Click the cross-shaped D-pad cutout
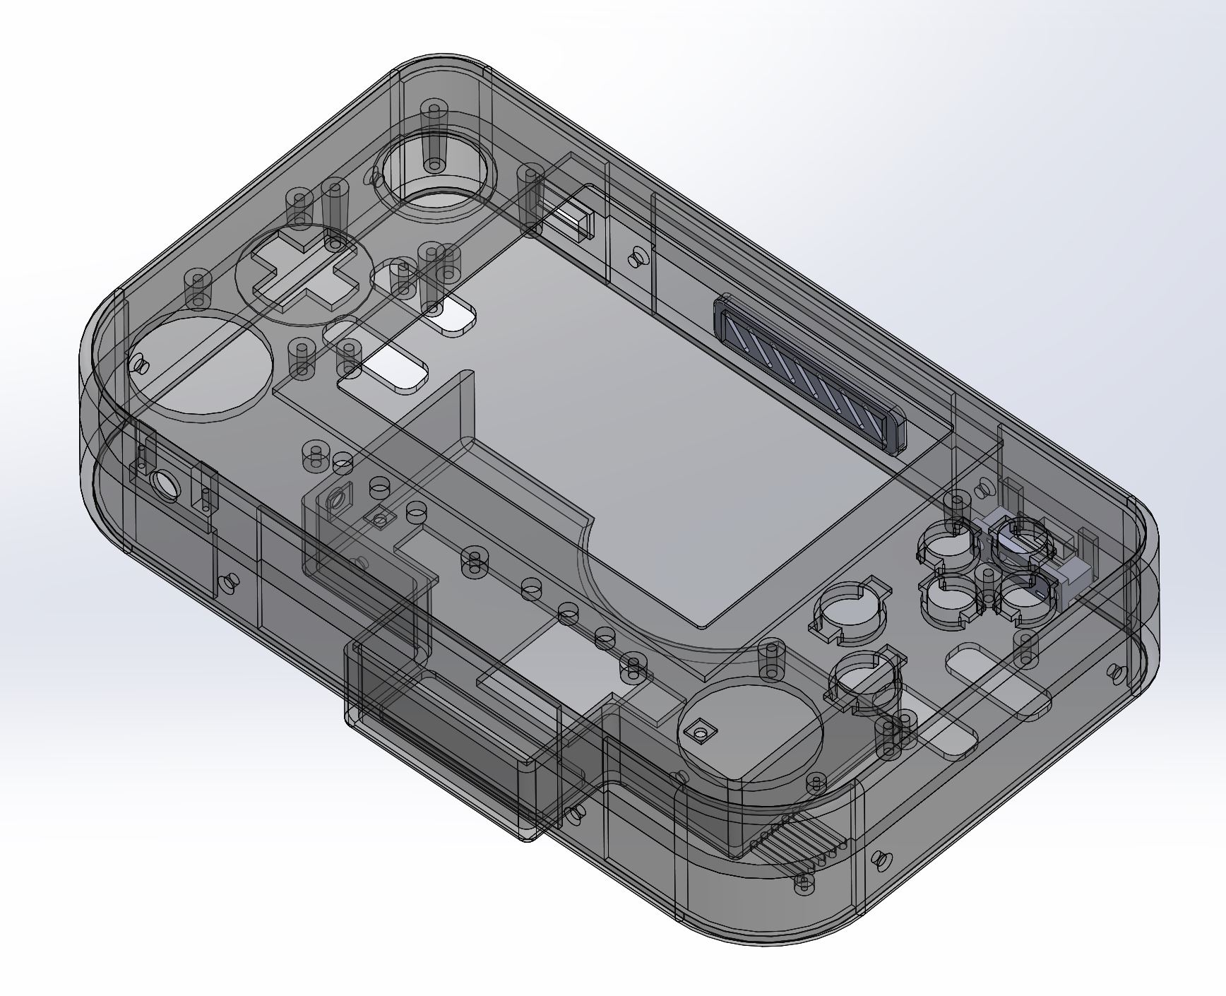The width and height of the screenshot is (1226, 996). point(304,273)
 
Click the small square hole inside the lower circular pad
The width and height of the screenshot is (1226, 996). point(701,730)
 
